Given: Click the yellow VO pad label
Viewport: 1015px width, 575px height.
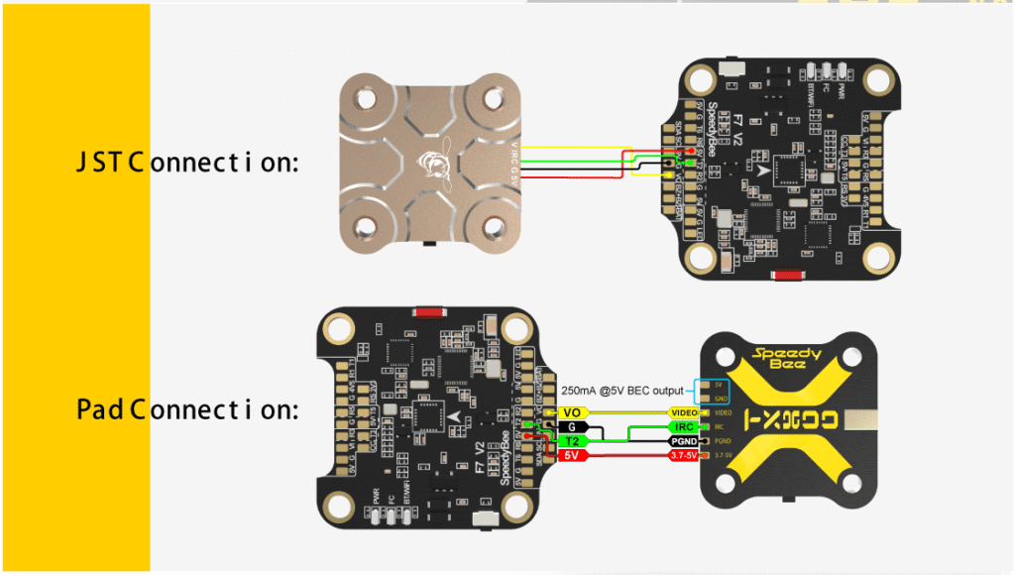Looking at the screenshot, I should click(x=572, y=411).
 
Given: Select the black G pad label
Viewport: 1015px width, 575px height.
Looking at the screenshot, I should click(x=572, y=426).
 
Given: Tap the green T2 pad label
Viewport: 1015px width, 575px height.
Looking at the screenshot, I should click(x=572, y=440).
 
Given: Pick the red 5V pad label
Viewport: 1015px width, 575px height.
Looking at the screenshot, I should click(x=572, y=455).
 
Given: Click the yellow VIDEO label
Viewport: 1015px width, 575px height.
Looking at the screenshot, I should click(x=684, y=411).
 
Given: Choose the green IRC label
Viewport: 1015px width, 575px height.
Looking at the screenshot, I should click(x=684, y=426).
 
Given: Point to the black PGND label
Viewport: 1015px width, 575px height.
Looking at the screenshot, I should click(x=684, y=440).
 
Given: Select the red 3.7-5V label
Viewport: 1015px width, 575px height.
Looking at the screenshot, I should click(x=684, y=455).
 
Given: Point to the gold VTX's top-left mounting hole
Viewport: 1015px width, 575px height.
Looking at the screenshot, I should click(x=368, y=100).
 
